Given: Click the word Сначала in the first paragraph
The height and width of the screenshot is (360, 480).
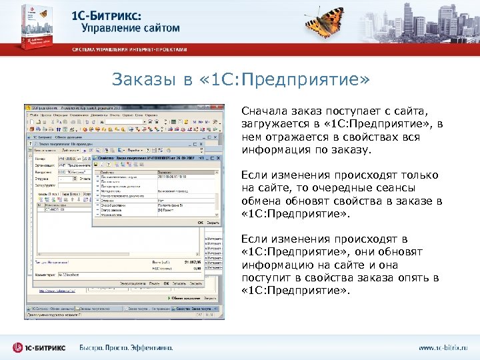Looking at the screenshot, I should [265, 113].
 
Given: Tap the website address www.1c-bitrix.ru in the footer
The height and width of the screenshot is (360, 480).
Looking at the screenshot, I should [443, 347].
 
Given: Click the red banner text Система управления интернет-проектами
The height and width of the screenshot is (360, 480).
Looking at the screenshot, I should [130, 49].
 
